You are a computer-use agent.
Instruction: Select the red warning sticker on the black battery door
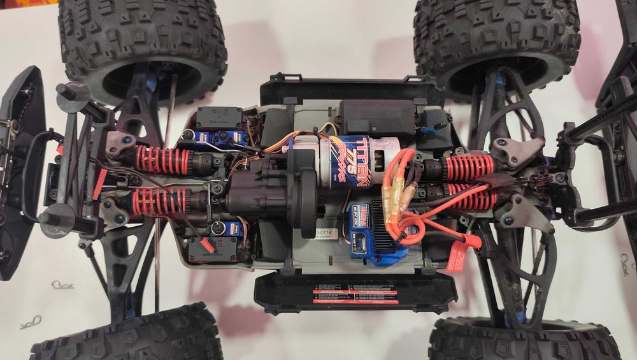tap(355, 296)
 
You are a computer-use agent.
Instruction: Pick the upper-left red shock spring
tap(162, 159)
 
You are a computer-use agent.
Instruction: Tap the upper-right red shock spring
tap(469, 167)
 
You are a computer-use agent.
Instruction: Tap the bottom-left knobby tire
tap(127, 338)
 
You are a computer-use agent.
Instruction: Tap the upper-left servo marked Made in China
tap(218, 117)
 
